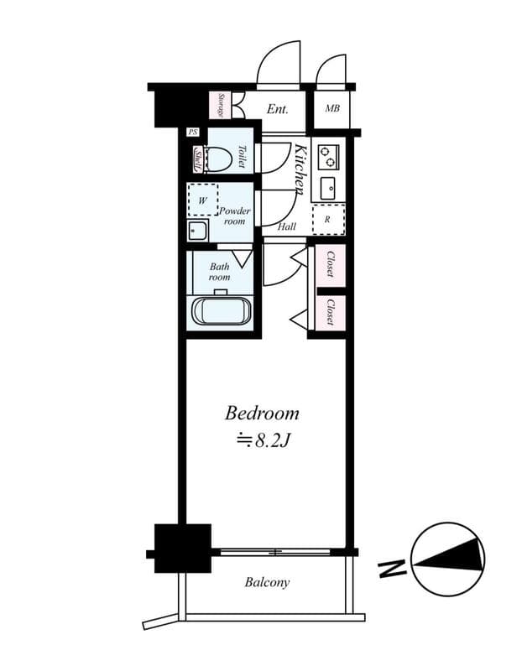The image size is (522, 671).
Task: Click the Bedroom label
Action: (x=262, y=413)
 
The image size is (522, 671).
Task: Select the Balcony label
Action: (x=267, y=582)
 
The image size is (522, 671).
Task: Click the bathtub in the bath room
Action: (x=222, y=310)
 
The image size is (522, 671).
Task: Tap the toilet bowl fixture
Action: (x=217, y=157)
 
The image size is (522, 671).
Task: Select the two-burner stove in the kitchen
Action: (x=327, y=155)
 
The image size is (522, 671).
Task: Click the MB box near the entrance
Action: (x=332, y=108)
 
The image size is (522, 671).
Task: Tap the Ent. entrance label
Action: (x=279, y=109)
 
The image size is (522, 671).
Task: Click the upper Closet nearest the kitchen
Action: (x=330, y=264)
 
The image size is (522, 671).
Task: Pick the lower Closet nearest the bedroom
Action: (x=330, y=311)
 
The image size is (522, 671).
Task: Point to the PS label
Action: (x=192, y=133)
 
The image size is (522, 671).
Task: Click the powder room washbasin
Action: (x=197, y=231)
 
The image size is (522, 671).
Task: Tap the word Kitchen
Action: (x=300, y=169)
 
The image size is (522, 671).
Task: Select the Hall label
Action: (x=286, y=226)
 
